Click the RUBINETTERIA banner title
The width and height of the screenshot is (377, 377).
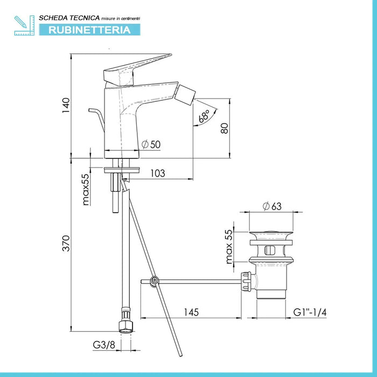pyautogui.click(x=89, y=30)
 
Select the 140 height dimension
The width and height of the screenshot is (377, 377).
pyautogui.click(x=66, y=106)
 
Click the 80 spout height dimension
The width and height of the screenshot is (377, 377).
pyautogui.click(x=225, y=128)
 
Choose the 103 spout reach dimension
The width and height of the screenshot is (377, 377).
pyautogui.click(x=156, y=173)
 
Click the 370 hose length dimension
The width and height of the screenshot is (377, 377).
pyautogui.click(x=66, y=246)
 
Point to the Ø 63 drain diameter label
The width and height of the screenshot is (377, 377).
pyautogui.click(x=272, y=206)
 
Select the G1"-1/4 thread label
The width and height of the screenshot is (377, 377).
pyautogui.click(x=311, y=312)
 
